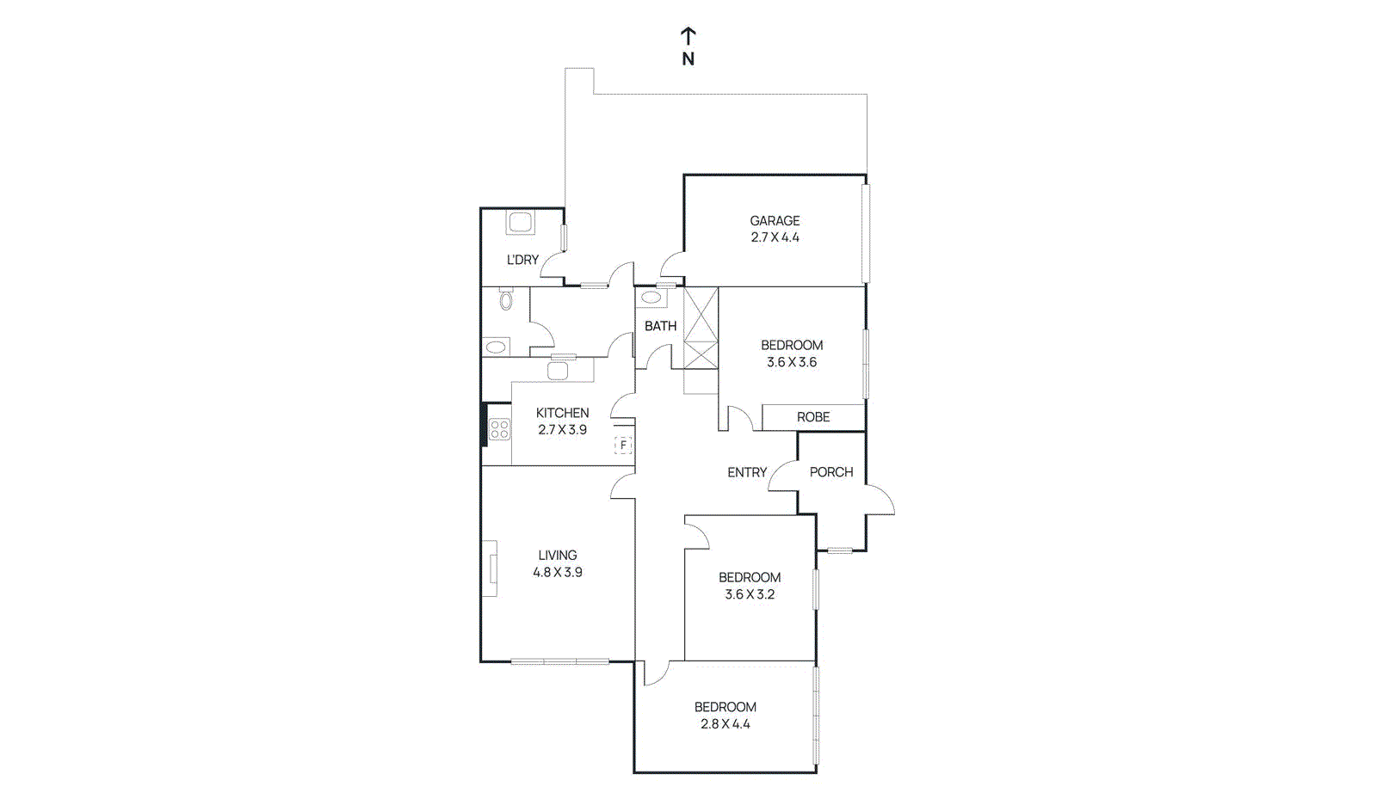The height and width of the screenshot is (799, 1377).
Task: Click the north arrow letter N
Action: point(688,59)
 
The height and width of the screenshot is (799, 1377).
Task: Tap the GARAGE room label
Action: point(775,221)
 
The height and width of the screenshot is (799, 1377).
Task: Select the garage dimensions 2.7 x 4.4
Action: point(775,237)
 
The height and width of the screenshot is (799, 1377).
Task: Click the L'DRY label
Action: point(522,260)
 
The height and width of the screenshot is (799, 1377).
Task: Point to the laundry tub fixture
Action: point(521,223)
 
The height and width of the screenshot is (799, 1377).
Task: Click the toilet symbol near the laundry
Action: point(506,300)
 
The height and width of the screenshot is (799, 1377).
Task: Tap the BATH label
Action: point(660,326)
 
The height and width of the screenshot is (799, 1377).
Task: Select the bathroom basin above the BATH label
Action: point(652,298)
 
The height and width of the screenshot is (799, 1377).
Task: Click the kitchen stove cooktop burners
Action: point(499,429)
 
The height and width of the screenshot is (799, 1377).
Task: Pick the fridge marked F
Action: point(623,446)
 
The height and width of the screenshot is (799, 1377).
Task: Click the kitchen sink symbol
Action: point(558,371)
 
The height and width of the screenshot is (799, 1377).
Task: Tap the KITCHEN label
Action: point(562,413)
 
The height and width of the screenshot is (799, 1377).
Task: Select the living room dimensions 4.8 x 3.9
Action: point(558,572)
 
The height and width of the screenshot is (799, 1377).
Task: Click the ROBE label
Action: point(812,417)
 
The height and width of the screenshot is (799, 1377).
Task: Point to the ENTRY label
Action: point(746,472)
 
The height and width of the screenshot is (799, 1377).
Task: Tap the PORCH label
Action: point(831,472)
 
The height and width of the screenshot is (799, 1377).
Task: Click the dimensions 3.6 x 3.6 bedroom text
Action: point(792,362)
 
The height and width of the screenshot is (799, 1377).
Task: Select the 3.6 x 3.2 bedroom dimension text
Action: point(750,594)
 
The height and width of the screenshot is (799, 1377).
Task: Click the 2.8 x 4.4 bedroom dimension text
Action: point(726,724)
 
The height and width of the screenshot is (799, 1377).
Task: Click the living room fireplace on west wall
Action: point(490,569)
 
